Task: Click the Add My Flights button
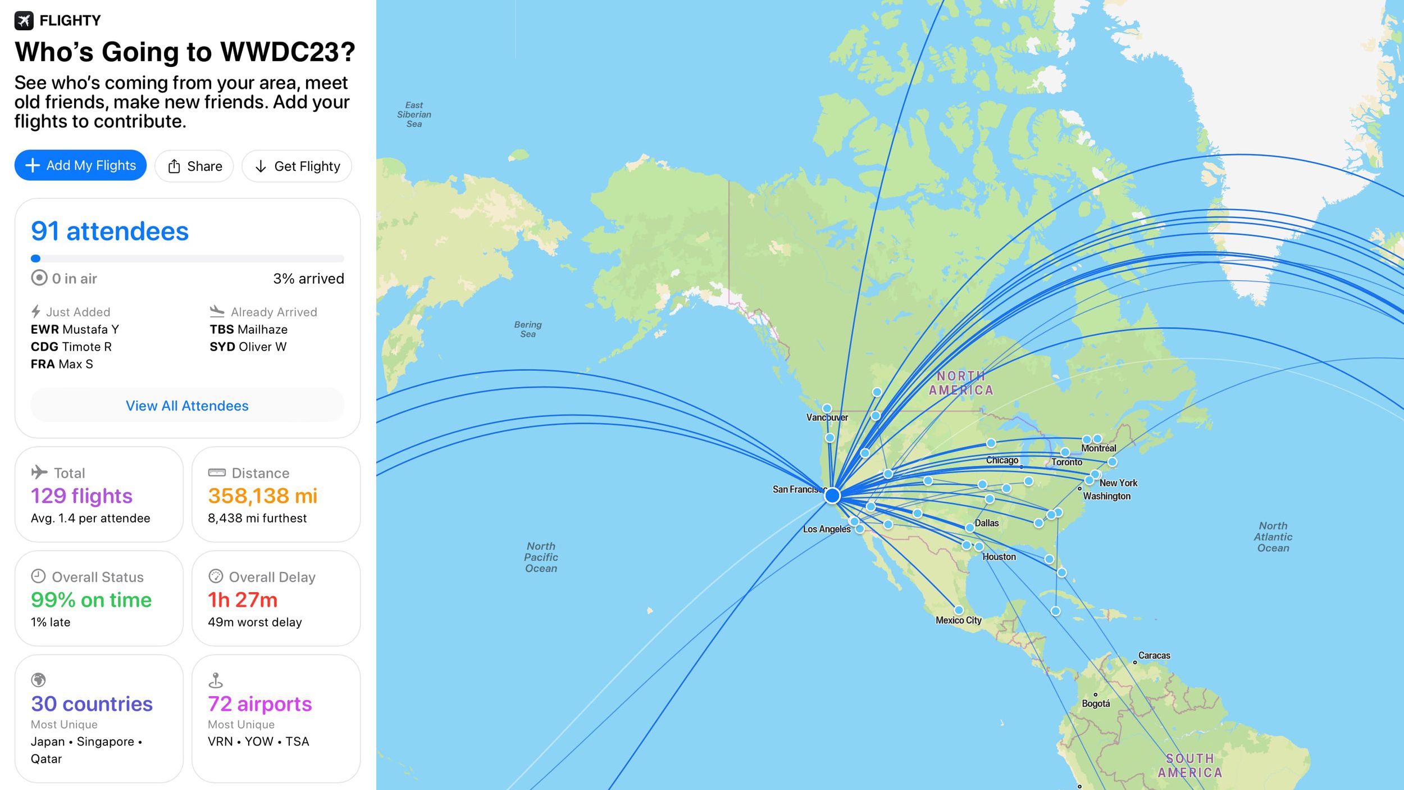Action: click(80, 165)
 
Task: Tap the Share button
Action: click(194, 166)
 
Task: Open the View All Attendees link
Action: click(187, 406)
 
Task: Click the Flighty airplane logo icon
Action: click(24, 21)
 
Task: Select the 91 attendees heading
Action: click(110, 231)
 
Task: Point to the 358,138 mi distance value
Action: click(262, 496)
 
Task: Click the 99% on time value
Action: click(91, 600)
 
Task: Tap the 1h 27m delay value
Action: click(243, 600)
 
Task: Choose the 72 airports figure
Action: click(259, 704)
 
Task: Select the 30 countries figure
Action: click(92, 704)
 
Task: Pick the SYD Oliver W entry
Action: click(248, 347)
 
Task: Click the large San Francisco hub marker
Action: click(832, 496)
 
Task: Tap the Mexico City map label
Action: click(958, 620)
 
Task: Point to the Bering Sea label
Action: click(528, 329)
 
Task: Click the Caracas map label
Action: click(1154, 655)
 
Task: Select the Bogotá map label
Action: click(1096, 703)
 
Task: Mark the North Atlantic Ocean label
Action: click(1273, 537)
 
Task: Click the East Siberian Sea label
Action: click(414, 114)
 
